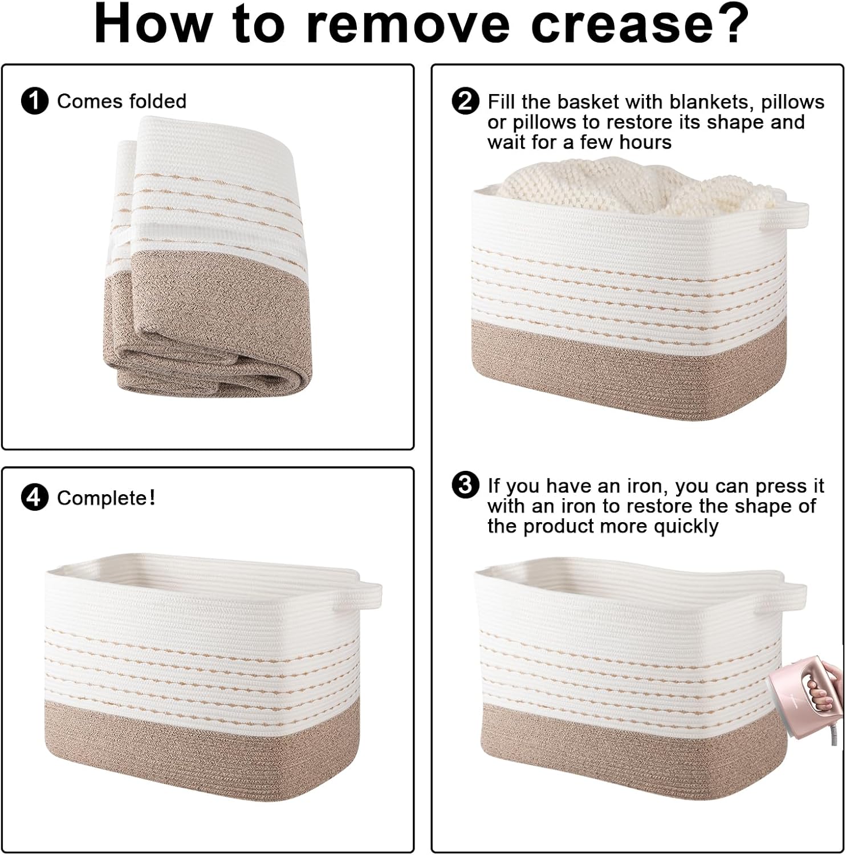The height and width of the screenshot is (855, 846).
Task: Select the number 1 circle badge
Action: pos(34,101)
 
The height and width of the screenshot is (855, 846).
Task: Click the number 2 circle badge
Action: pos(465,101)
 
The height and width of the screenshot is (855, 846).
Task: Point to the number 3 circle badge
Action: pos(465,486)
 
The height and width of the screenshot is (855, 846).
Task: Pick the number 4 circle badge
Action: pos(34,498)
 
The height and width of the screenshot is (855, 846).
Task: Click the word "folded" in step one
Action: pos(158,101)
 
